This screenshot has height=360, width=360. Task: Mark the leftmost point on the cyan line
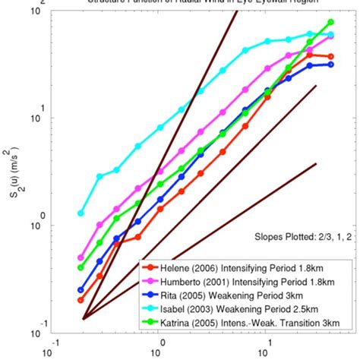click(x=81, y=213)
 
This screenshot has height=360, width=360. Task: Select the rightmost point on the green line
click(x=330, y=22)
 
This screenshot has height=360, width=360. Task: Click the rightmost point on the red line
click(x=330, y=56)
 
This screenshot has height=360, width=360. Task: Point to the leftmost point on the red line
click(x=81, y=300)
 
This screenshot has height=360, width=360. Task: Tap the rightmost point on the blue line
click(x=330, y=65)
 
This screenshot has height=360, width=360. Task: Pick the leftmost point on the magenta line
click(x=81, y=258)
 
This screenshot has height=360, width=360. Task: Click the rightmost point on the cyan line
click(x=330, y=35)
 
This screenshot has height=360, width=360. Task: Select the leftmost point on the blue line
click(x=81, y=290)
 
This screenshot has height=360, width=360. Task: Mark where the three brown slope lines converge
click(x=84, y=318)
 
